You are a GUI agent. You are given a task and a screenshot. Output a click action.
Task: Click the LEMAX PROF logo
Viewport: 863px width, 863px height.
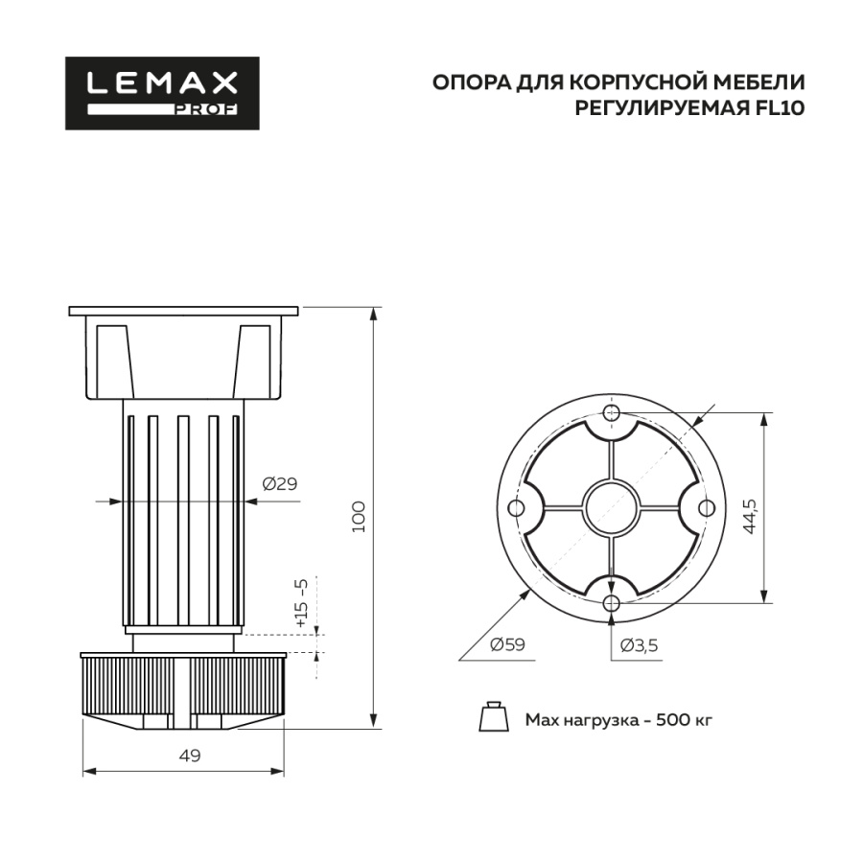tap(162, 93)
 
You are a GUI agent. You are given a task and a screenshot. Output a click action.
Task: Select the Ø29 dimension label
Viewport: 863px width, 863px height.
tap(279, 483)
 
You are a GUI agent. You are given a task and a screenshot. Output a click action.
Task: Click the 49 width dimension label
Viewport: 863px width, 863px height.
tap(190, 756)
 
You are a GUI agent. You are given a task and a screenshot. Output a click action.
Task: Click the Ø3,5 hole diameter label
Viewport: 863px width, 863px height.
tap(639, 644)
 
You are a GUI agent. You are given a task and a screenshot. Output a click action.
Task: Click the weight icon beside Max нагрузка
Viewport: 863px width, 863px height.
tap(493, 717)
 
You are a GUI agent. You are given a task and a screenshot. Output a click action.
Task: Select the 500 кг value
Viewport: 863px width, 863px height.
tap(684, 719)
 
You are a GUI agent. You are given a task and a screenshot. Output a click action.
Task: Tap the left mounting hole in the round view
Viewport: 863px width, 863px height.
tap(517, 507)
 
